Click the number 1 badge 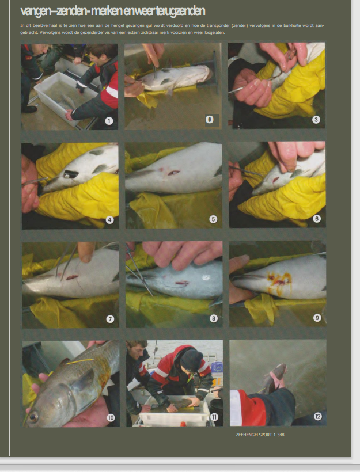click(109, 121)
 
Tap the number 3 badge click(316, 120)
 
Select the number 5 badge click(213, 219)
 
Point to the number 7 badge click(110, 319)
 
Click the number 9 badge click(317, 318)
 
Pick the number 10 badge click(111, 418)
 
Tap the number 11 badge click(214, 417)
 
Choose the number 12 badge click(318, 416)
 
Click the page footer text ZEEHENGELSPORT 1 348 click(260, 435)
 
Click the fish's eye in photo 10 click(32, 417)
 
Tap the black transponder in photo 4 click(71, 174)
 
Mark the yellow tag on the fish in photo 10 click(79, 361)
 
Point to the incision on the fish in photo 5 click(174, 173)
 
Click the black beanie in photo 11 click(192, 360)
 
